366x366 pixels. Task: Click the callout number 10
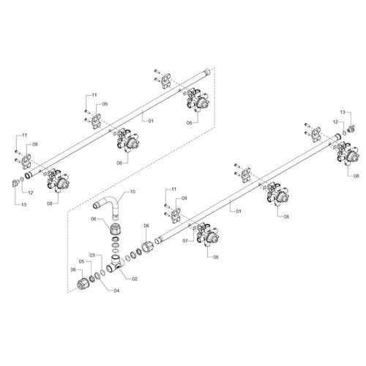[132, 192]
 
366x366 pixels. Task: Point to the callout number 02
[135, 279]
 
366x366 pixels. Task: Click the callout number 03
[92, 255]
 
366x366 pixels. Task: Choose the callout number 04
[116, 291]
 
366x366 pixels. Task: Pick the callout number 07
[186, 241]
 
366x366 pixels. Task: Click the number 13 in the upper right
[343, 112]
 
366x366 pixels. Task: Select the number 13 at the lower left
[23, 205]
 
